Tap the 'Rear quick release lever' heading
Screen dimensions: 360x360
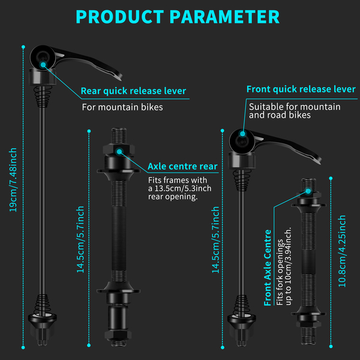coord(134,91)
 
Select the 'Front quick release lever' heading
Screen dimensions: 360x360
coord(301,89)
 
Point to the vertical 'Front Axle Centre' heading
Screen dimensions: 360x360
coord(268,267)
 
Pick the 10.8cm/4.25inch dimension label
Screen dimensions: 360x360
coord(342,252)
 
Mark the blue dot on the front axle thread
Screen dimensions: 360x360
coord(308,190)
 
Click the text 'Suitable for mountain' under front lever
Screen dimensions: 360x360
coord(295,107)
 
